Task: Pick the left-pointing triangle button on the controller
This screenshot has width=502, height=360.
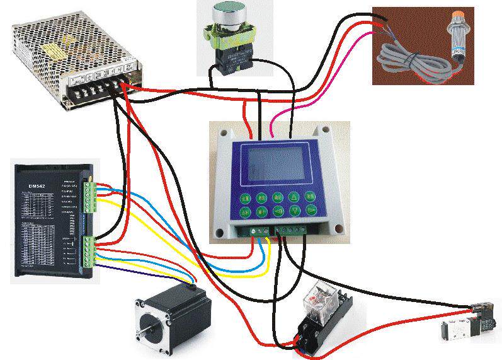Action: (x=277, y=212)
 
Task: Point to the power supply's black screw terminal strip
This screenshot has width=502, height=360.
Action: (x=101, y=88)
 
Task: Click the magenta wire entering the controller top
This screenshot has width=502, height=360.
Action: (x=272, y=129)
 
